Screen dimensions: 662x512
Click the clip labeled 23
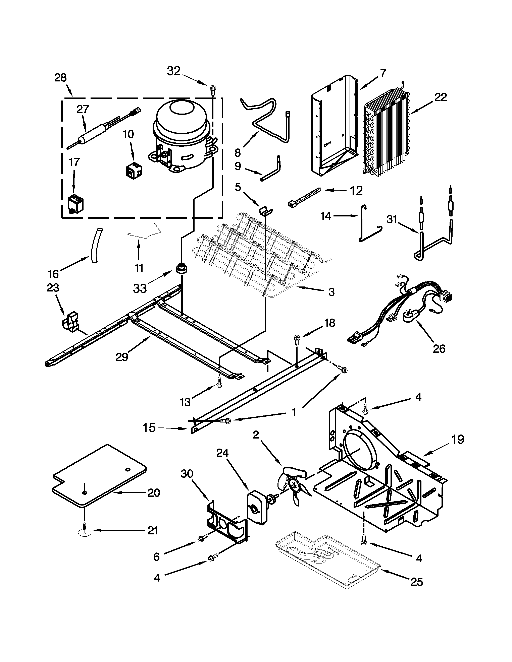coord(71,321)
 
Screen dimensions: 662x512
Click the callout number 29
coord(122,357)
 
